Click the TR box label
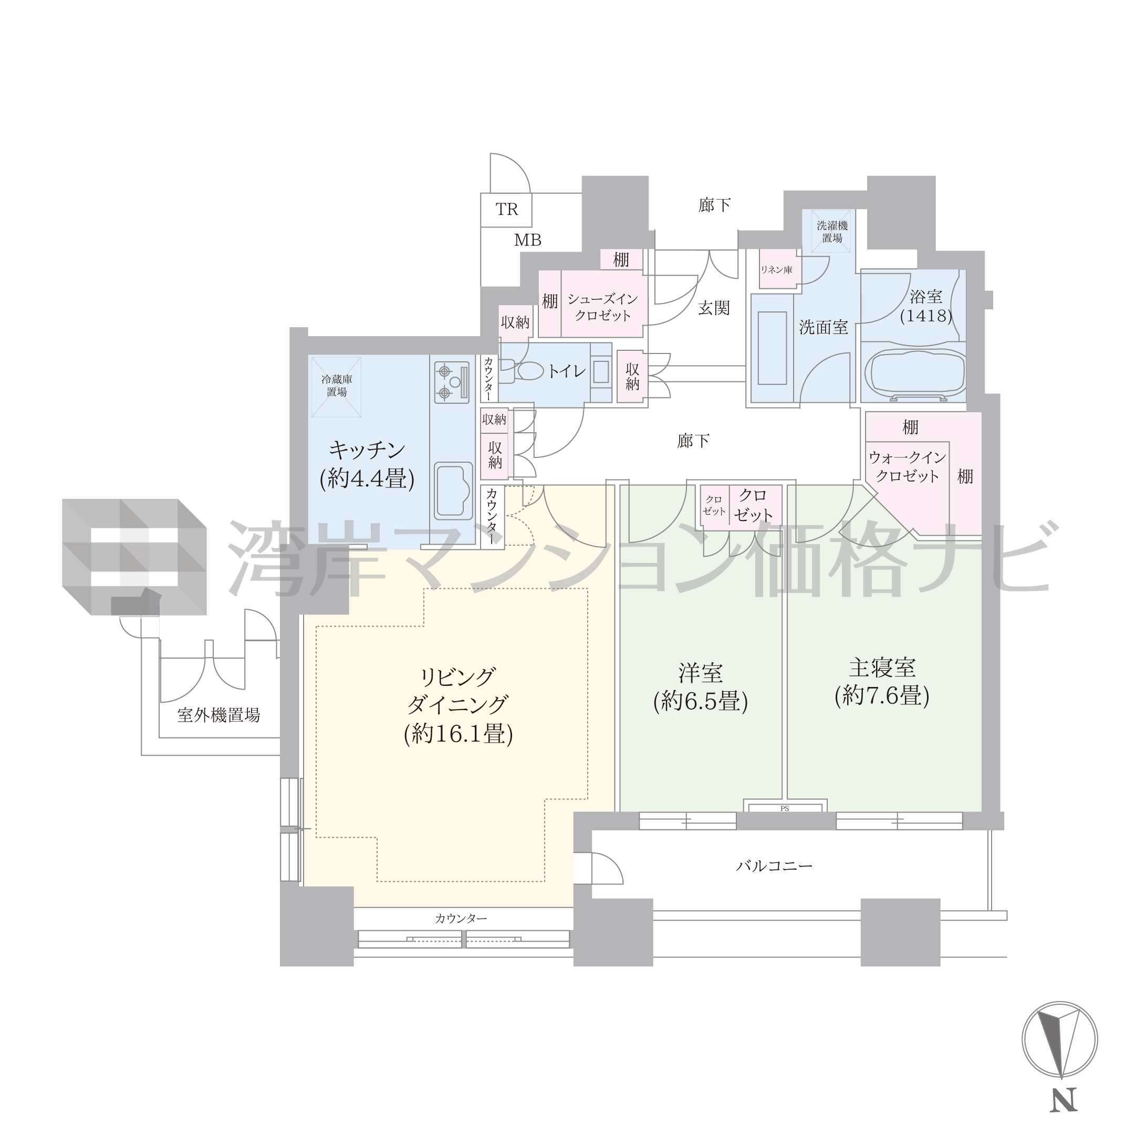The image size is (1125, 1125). [x=507, y=210]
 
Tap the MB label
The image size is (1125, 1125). [x=527, y=240]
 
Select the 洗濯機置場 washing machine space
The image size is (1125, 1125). [x=832, y=231]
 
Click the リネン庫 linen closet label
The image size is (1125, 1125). [x=776, y=269]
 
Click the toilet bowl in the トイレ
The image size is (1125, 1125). [x=524, y=370]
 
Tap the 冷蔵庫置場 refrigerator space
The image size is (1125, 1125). [x=336, y=386]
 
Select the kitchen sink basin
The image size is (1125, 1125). [x=454, y=491]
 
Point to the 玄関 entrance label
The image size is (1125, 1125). [x=713, y=307]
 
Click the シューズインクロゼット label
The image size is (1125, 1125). [x=603, y=307]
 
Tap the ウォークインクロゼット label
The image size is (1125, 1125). [x=907, y=467]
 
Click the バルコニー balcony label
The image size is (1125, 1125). [x=774, y=866]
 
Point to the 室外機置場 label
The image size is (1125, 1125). [x=218, y=715]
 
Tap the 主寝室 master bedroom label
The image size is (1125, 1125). [x=882, y=668]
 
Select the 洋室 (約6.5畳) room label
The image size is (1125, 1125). [x=701, y=687]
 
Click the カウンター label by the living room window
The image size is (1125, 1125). [x=461, y=919]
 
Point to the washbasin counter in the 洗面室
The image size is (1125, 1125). [x=773, y=348]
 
